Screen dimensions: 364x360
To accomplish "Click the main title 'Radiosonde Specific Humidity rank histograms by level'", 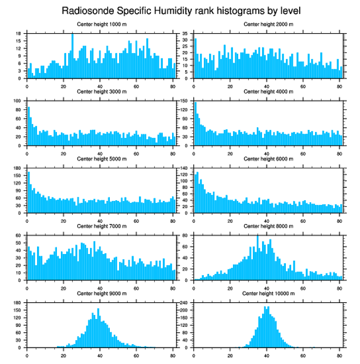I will (181, 10).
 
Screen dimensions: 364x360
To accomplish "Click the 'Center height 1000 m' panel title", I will (102, 24).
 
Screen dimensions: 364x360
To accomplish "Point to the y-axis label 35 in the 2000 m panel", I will (186, 34).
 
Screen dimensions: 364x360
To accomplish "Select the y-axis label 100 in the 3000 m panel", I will (19, 101).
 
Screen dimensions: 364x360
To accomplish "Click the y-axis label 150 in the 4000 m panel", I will (185, 101).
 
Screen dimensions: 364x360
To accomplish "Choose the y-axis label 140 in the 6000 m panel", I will (185, 168).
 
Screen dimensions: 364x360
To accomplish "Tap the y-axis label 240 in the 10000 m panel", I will (185, 303).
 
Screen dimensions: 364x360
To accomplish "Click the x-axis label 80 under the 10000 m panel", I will (339, 354).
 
